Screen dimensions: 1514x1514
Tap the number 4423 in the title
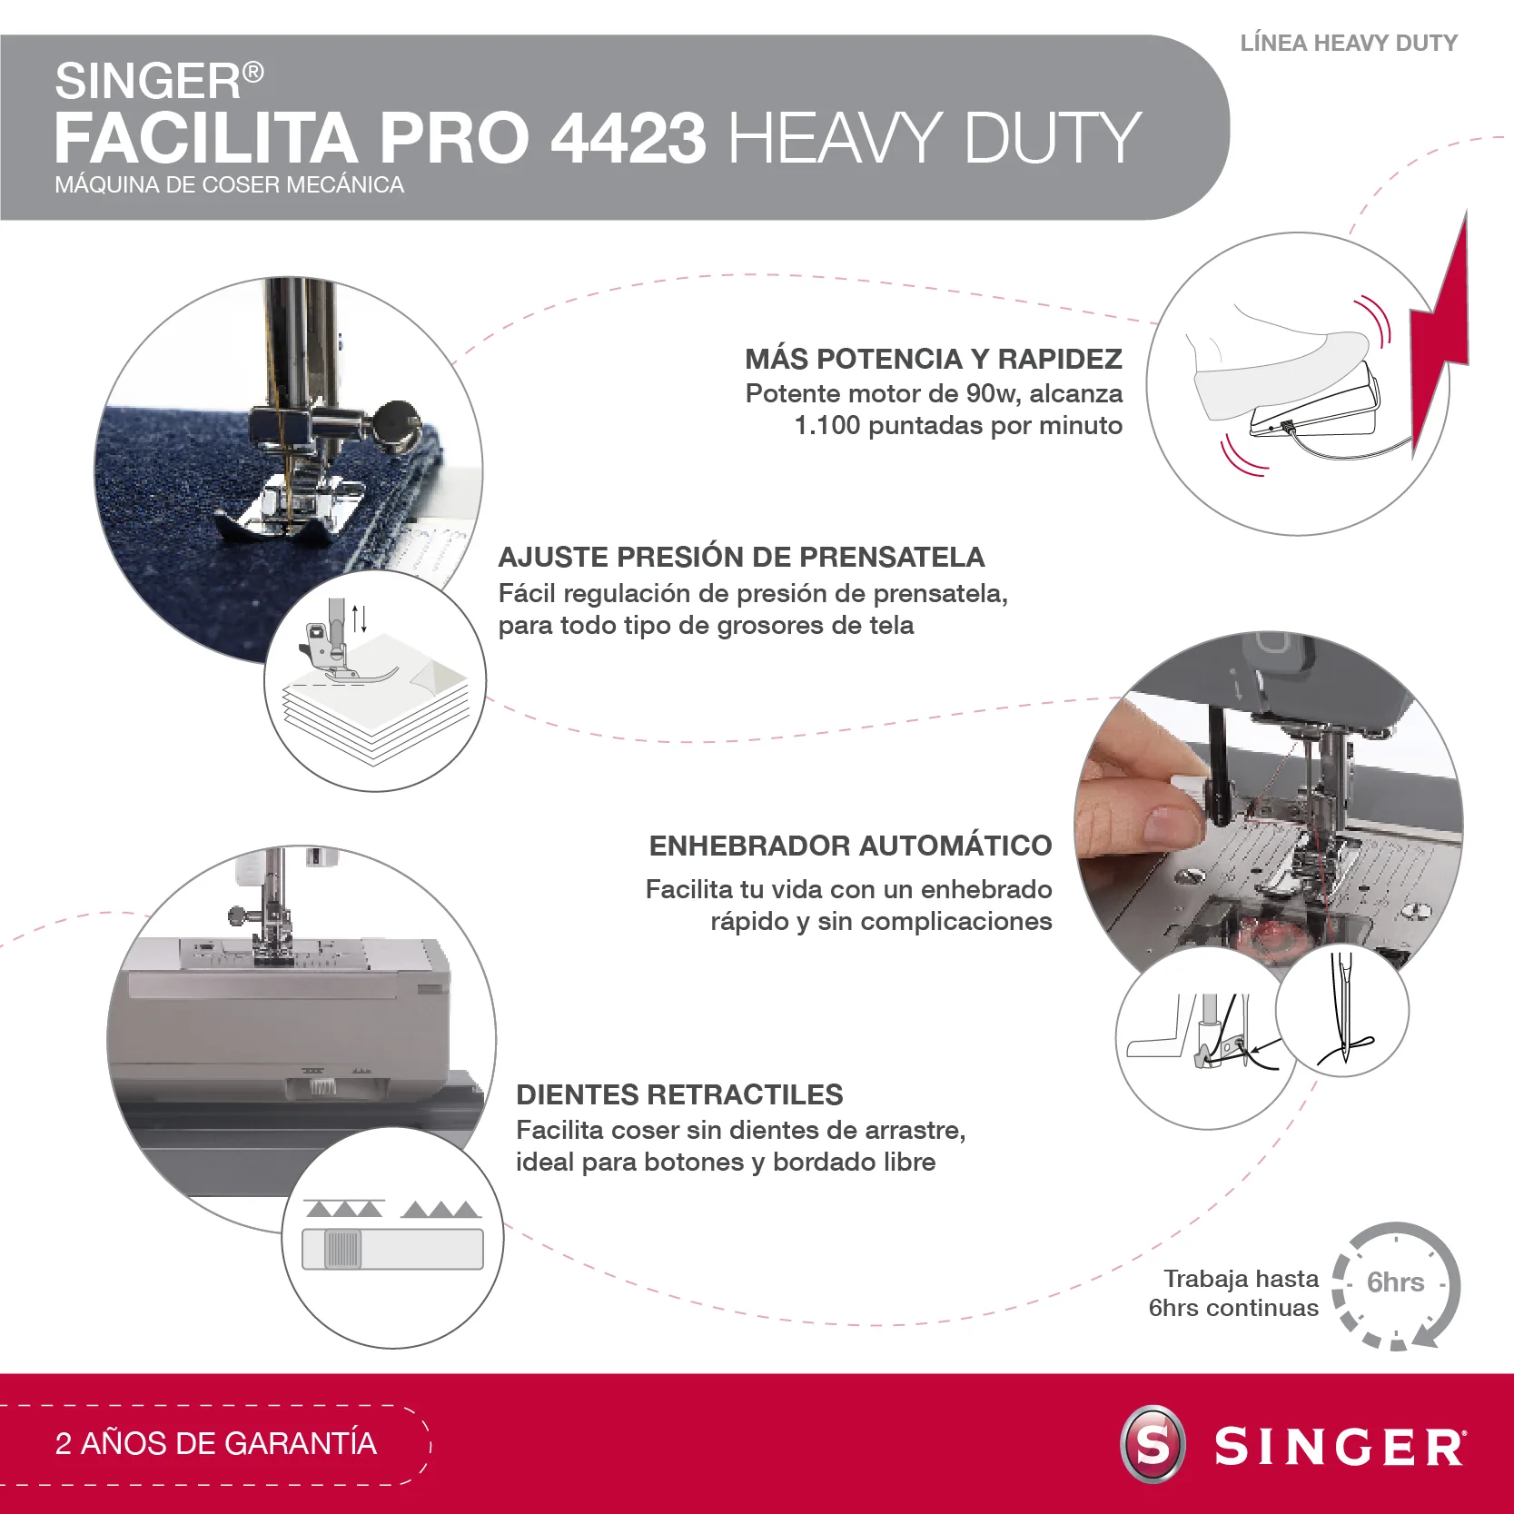[628, 138]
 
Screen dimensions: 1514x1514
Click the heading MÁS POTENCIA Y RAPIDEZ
[934, 359]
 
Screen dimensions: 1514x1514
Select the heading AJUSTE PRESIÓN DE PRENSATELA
[741, 557]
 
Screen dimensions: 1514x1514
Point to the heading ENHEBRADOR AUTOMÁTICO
[850, 846]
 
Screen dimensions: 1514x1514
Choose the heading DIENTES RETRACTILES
[679, 1094]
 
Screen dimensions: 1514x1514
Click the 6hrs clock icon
[1396, 1284]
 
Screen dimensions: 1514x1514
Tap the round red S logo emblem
[1153, 1444]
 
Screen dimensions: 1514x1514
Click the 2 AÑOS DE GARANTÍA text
[216, 1443]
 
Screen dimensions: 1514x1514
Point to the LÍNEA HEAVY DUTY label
[1349, 43]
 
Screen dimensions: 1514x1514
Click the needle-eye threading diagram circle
[1341, 1010]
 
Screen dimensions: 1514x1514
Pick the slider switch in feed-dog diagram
[343, 1249]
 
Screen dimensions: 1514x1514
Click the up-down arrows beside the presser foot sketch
[360, 618]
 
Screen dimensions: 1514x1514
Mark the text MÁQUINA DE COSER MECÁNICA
[229, 184]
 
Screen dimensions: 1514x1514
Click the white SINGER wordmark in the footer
[1340, 1446]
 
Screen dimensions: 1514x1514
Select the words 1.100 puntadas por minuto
[958, 425]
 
